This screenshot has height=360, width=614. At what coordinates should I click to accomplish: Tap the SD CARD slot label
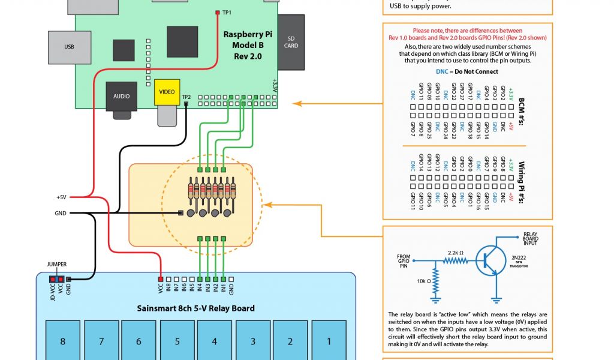pos(291,41)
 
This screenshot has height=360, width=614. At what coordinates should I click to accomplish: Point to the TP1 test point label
pos(227,12)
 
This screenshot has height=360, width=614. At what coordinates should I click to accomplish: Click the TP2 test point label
pos(186,97)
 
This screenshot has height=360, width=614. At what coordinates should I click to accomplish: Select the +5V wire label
pos(61,197)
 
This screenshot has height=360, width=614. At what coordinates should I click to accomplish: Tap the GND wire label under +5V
pos(61,212)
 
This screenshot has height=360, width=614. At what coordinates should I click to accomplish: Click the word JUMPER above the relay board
pos(56,264)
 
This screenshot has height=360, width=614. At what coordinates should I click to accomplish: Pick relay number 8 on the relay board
pos(62,341)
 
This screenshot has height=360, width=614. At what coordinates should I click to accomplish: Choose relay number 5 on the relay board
pos(177,341)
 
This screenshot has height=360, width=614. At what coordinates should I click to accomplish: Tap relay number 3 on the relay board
pos(253,341)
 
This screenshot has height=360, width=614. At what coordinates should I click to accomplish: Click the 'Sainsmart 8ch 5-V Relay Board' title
pos(195,308)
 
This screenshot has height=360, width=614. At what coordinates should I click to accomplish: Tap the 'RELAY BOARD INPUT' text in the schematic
pos(531,238)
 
